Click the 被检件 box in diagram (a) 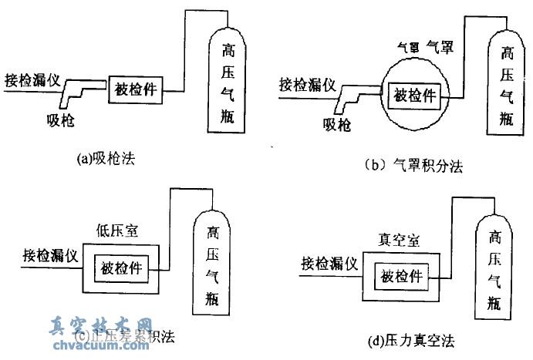[x=135, y=89]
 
